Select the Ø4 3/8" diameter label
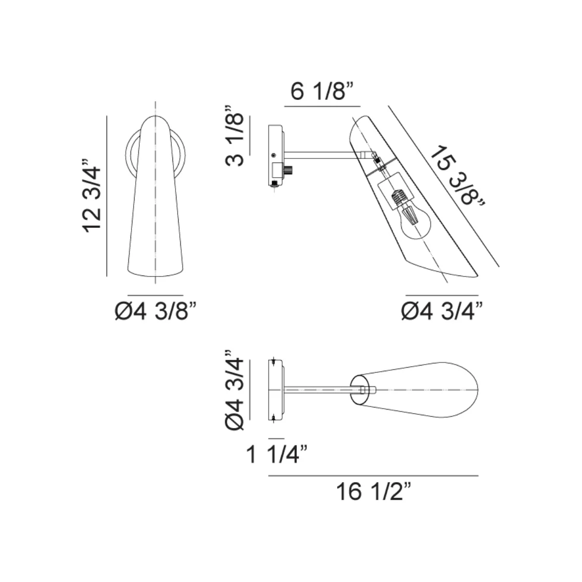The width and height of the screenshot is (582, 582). (x=156, y=312)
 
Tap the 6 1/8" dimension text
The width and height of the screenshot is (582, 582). (x=322, y=93)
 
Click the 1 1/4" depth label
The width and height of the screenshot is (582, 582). (x=277, y=456)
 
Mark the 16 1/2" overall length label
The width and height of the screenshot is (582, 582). (x=373, y=491)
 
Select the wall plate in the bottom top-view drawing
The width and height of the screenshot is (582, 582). (x=276, y=389)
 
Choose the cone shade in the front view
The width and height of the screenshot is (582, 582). (x=155, y=207)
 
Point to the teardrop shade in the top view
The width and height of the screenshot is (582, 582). (x=425, y=389)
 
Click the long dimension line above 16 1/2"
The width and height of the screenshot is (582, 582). (x=373, y=475)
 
